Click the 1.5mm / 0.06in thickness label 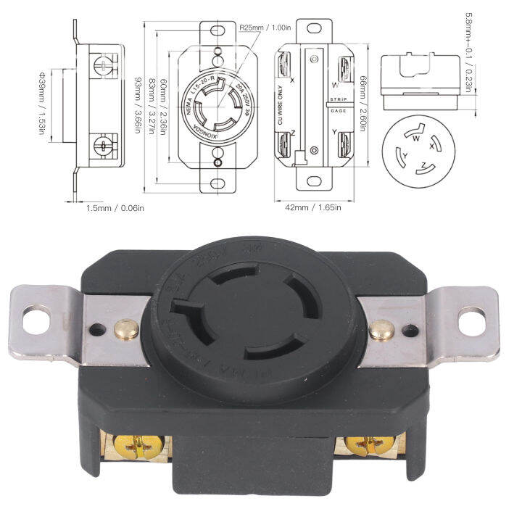tap(116, 208)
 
